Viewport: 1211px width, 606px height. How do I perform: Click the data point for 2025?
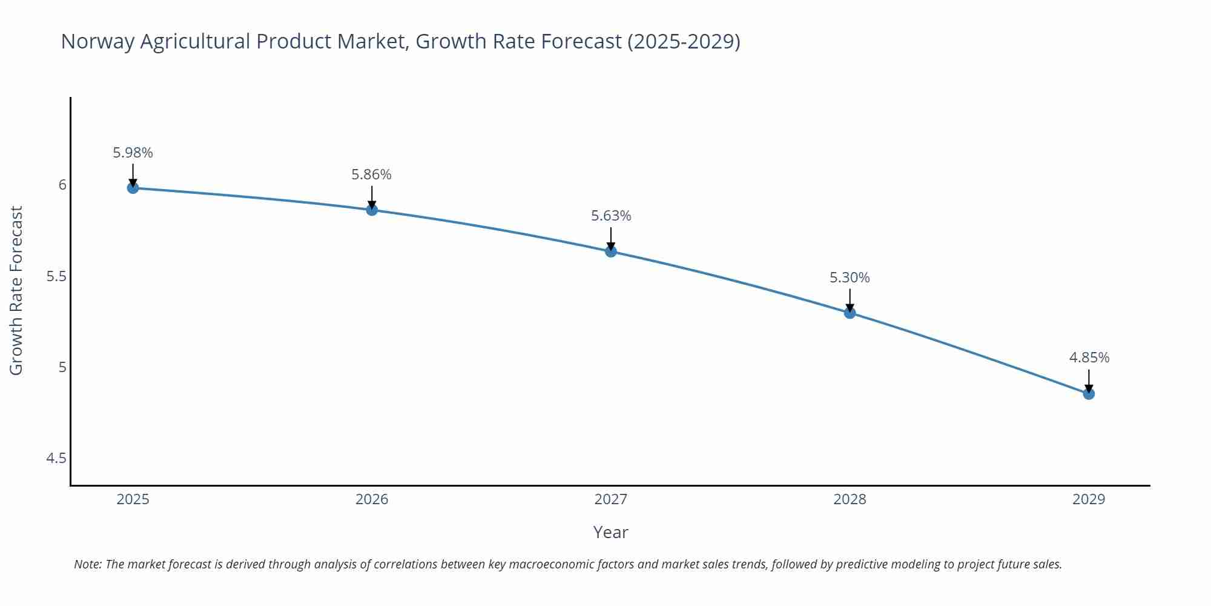(133, 188)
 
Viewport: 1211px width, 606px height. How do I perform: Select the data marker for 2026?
(372, 210)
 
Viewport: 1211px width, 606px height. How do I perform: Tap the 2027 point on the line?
(610, 251)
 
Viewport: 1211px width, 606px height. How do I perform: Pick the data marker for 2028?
(850, 313)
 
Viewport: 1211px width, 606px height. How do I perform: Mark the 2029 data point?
(1089, 394)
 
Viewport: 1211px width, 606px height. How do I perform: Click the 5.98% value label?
(133, 153)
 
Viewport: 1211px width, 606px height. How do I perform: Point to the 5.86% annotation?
(371, 175)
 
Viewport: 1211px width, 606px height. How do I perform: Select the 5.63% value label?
(611, 216)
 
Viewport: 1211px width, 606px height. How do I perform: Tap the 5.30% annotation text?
(850, 278)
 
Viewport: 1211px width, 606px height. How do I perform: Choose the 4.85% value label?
(1089, 358)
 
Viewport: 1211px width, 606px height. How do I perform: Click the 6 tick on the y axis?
(62, 185)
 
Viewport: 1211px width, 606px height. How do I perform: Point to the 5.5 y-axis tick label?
(56, 276)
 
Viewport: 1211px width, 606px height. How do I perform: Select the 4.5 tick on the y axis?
(56, 458)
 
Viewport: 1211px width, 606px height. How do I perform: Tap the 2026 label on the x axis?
(372, 499)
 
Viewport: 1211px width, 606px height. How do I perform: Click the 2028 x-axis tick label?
(850, 499)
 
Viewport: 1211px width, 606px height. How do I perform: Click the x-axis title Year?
(610, 532)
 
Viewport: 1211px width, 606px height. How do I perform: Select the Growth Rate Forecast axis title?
(16, 290)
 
